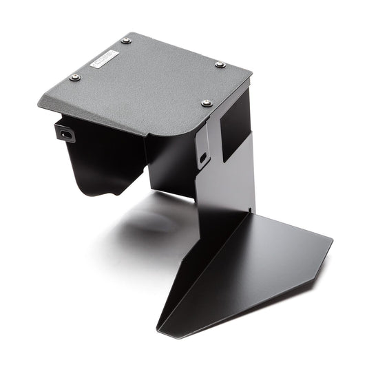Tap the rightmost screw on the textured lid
[x=220, y=65]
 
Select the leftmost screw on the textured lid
[x=75, y=77]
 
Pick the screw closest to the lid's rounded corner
[x=206, y=103]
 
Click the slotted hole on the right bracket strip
[x=202, y=158]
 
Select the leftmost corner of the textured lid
[x=39, y=103]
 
